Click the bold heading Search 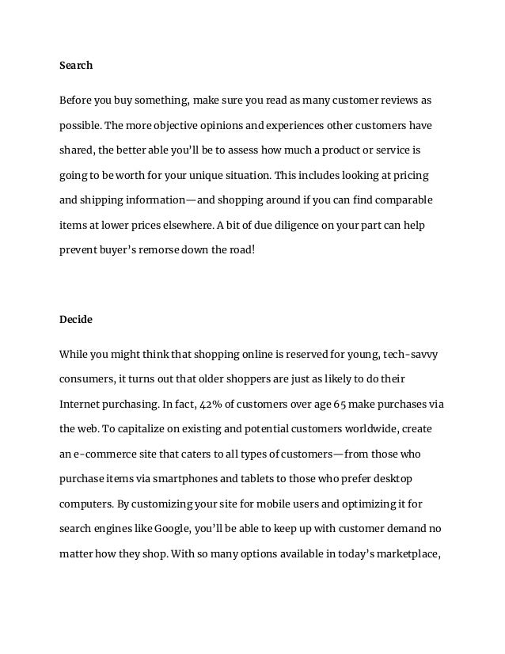pos(76,66)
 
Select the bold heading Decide pos(76,320)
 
